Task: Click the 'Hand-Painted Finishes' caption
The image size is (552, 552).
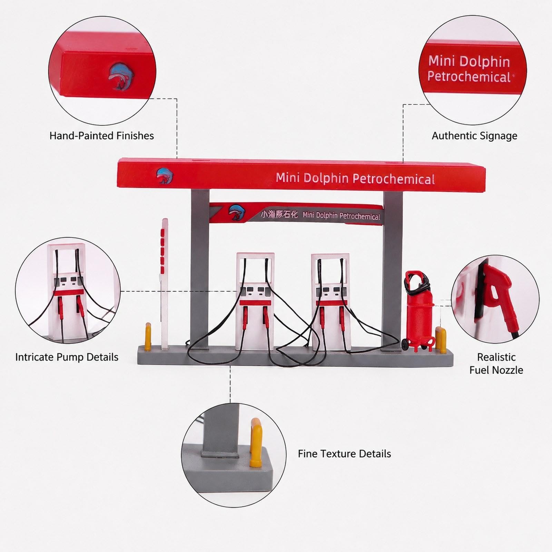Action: coord(102,136)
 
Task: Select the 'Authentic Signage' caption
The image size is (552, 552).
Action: coord(474,136)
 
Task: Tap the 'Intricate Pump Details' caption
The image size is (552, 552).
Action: coord(67,357)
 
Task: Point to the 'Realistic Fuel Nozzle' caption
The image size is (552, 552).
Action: coord(496,364)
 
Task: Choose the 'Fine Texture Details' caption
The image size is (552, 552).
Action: coord(344,454)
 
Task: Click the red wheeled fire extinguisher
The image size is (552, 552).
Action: coord(418,310)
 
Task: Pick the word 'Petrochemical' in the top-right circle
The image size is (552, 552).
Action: coord(469,77)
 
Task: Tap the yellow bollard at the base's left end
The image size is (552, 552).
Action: coord(148,336)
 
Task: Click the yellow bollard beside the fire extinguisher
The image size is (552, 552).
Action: coord(441,340)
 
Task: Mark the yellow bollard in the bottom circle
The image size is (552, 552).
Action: coord(256,442)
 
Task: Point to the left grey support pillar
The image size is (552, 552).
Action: coord(200,269)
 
